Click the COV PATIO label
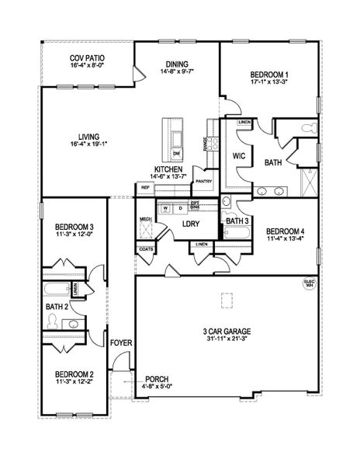(x=87, y=57)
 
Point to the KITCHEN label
(x=168, y=169)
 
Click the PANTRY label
(x=203, y=181)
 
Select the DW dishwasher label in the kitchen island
(x=176, y=154)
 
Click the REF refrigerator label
(x=145, y=187)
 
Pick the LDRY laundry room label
(x=191, y=224)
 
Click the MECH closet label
(x=145, y=220)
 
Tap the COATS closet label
(x=145, y=249)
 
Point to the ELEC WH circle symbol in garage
(x=308, y=284)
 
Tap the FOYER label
(x=120, y=343)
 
